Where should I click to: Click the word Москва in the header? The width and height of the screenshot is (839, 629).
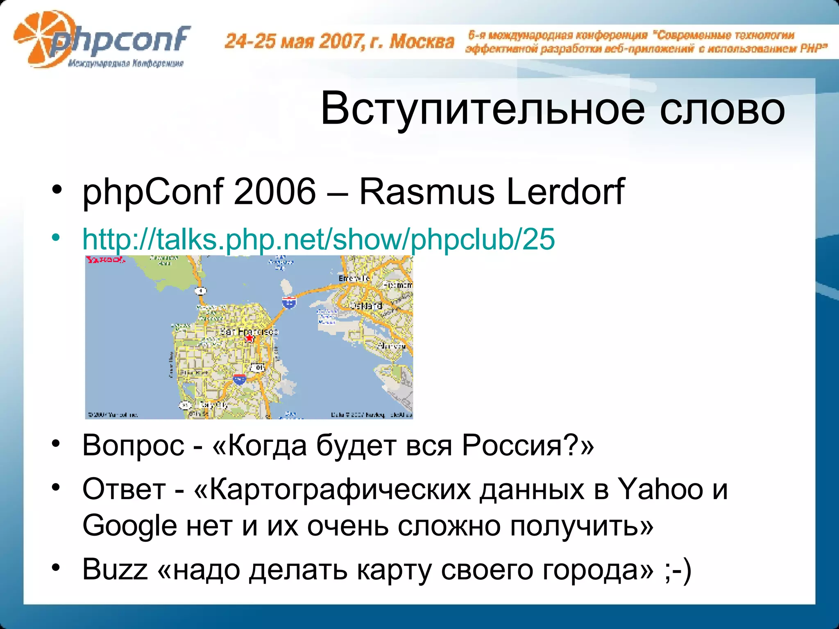coord(422,41)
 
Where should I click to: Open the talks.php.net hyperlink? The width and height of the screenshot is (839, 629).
coord(318,239)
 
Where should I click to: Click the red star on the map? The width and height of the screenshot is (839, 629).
coord(249,338)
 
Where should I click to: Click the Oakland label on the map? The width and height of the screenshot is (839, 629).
coord(366,305)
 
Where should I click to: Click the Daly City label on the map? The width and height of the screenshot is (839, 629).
coord(213,405)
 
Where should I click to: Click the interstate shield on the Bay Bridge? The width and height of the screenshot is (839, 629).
coord(289,302)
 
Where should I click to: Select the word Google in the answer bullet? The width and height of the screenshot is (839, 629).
coord(129,526)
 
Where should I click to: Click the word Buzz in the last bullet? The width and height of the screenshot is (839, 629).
coord(115,569)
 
